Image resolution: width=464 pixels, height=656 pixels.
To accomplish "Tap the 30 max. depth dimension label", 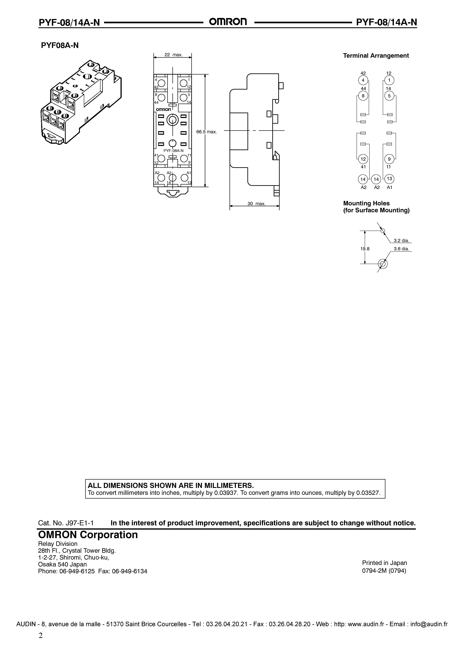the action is click(x=256, y=204).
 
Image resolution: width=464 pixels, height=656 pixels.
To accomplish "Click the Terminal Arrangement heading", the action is click(x=376, y=56).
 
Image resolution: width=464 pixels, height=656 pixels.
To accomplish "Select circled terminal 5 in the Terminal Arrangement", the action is click(x=389, y=96).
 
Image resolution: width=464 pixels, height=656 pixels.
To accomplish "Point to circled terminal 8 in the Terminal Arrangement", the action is click(x=363, y=96).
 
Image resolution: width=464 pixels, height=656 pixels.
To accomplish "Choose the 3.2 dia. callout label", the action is click(x=401, y=241).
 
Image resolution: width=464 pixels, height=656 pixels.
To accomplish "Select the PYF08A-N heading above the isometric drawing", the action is click(x=60, y=45).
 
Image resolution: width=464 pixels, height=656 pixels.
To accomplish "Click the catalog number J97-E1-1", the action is click(x=79, y=523).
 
